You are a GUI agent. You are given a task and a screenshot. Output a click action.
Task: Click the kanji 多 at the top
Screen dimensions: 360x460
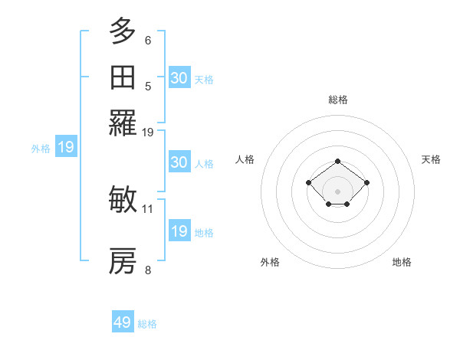pos(123,32)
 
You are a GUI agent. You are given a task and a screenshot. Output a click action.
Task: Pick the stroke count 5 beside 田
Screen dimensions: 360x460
pos(148,86)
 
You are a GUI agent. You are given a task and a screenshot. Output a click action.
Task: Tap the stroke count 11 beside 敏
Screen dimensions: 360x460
pos(148,208)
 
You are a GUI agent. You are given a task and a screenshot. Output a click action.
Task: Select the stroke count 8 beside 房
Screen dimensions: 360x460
pos(148,270)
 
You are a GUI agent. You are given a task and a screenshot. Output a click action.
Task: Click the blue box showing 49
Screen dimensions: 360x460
pos(123,322)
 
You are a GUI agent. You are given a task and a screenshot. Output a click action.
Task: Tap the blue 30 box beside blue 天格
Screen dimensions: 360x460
pos(179,78)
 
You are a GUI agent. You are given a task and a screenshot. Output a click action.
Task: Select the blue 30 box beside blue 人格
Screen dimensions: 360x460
pos(179,162)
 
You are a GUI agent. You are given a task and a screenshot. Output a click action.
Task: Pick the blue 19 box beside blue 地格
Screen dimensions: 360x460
pos(179,231)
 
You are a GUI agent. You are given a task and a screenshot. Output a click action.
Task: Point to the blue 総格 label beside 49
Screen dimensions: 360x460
pos(147,324)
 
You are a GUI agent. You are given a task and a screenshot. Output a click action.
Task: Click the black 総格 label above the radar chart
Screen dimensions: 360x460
pos(338,100)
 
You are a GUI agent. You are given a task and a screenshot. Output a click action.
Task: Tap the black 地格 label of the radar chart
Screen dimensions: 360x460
pos(402,262)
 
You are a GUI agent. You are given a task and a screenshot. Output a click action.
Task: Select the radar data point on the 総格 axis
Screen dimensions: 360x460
pos(338,161)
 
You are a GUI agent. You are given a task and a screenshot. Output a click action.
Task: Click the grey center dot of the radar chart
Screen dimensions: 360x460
pos(338,191)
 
